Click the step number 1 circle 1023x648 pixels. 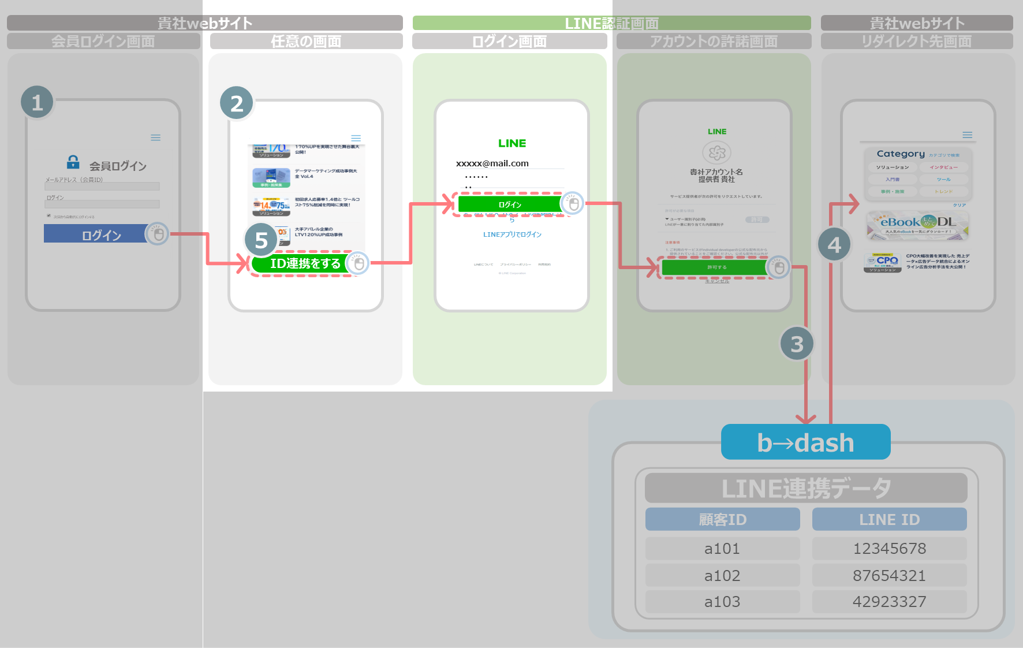pyautogui.click(x=37, y=102)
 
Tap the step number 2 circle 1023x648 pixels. pyautogui.click(x=237, y=103)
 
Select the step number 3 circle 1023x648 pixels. pyautogui.click(x=797, y=344)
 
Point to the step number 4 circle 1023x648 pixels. pyautogui.click(x=834, y=245)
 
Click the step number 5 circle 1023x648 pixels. pyautogui.click(x=261, y=240)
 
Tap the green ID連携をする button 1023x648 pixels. pyautogui.click(x=305, y=263)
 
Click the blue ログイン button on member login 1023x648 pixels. pyautogui.click(x=96, y=234)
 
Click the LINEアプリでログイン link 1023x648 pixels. pyautogui.click(x=512, y=234)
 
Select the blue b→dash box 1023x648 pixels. pyautogui.click(x=805, y=442)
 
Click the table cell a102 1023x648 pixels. pyautogui.click(x=722, y=575)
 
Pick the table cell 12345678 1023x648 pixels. pyautogui.click(x=889, y=549)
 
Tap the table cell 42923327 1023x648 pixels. pyautogui.click(x=889, y=602)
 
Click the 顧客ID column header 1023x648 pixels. pyautogui.click(x=722, y=519)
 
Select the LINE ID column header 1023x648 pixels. pyautogui.click(x=889, y=519)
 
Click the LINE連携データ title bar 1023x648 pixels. pyautogui.click(x=806, y=488)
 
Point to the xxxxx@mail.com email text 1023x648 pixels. pyautogui.click(x=492, y=163)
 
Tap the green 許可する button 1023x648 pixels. pyautogui.click(x=716, y=267)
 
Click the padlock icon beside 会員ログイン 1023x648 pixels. pyautogui.click(x=73, y=161)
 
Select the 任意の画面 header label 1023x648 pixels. pyautogui.click(x=306, y=41)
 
